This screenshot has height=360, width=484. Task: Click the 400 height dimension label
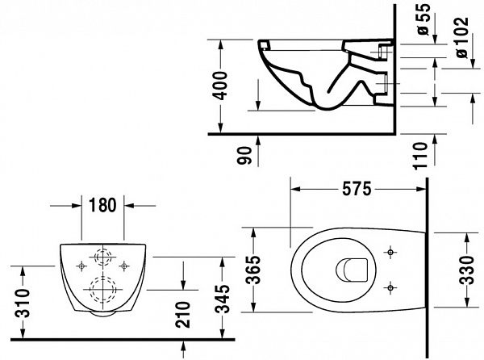coord(221,86)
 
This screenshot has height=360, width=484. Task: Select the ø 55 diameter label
coord(423,19)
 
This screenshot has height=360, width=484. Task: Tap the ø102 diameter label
coord(462,37)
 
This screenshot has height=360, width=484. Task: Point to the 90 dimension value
coord(244,155)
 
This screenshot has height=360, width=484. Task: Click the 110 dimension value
coord(420,156)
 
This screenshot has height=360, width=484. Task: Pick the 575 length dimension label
coord(357,189)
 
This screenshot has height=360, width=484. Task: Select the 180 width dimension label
coord(102,205)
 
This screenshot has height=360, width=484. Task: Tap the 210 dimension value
coord(182,315)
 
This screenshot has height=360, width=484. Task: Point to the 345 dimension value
coord(223,299)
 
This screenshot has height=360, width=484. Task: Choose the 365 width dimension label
coord(255,270)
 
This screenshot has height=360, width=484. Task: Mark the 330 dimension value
coord(466,270)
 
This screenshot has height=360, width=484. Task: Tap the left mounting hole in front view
coord(81,266)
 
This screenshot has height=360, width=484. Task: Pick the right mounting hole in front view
coord(124,266)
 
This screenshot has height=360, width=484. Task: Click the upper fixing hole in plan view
coord(390,253)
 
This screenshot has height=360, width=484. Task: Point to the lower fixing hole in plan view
coord(390,287)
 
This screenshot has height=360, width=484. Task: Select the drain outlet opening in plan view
coord(352,270)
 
